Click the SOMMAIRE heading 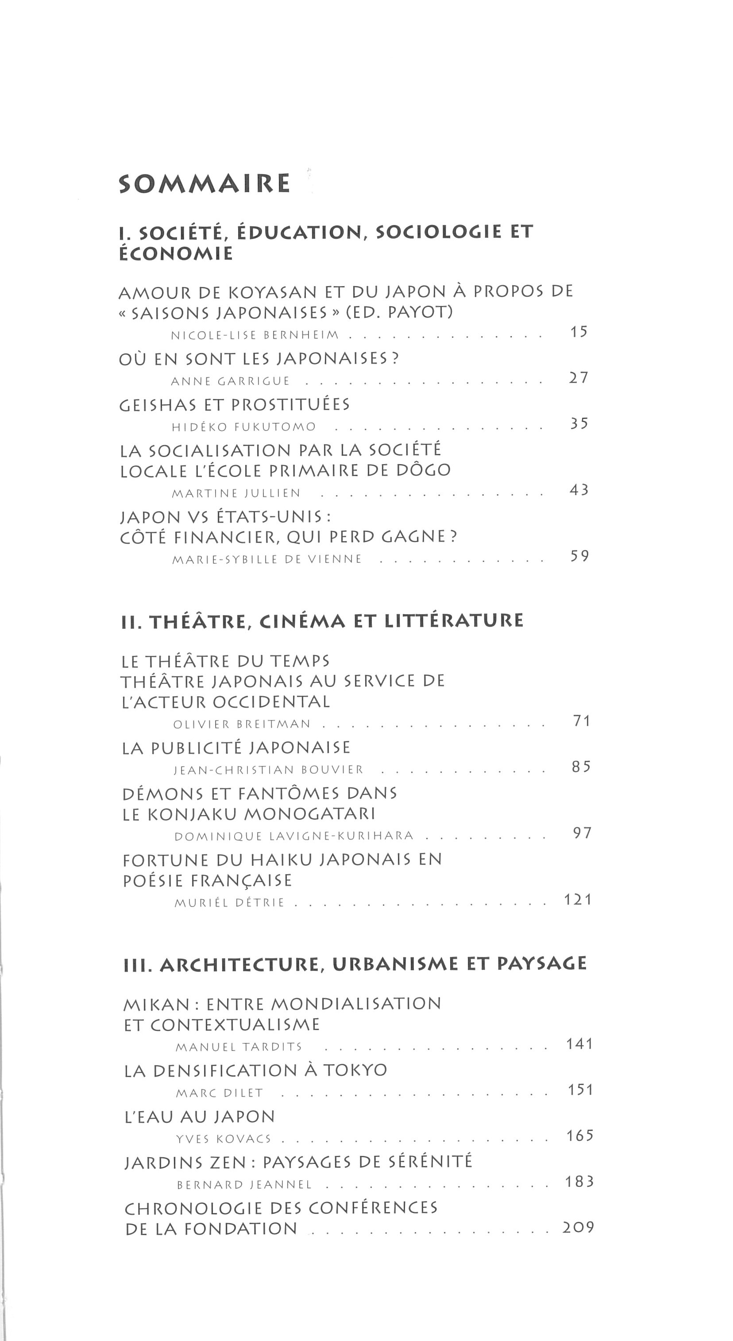pyautogui.click(x=204, y=184)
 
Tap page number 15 pyautogui.click(x=579, y=332)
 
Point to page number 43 pyautogui.click(x=579, y=490)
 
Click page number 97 pyautogui.click(x=582, y=833)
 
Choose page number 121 pyautogui.click(x=579, y=899)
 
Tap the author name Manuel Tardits pyautogui.click(x=239, y=1047)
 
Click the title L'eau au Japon pyautogui.click(x=200, y=1116)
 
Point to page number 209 pyautogui.click(x=578, y=1228)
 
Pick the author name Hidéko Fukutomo pyautogui.click(x=243, y=427)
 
